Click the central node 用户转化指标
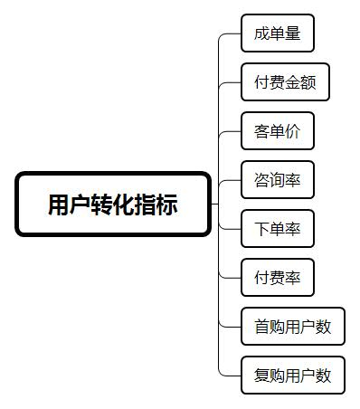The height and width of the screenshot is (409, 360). coord(113,204)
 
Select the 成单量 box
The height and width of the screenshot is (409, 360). coord(278,35)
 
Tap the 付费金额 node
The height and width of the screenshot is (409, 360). coord(285,82)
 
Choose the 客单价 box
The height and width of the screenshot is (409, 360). coord(278,131)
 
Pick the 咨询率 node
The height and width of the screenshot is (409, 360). coord(278,180)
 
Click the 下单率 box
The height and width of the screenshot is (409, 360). coord(278,228)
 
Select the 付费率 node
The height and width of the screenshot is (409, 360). coord(278,277)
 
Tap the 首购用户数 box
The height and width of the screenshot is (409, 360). coord(293,326)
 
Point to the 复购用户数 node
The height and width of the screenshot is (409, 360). coord(293,374)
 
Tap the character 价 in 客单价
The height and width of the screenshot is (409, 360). coord(293,132)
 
